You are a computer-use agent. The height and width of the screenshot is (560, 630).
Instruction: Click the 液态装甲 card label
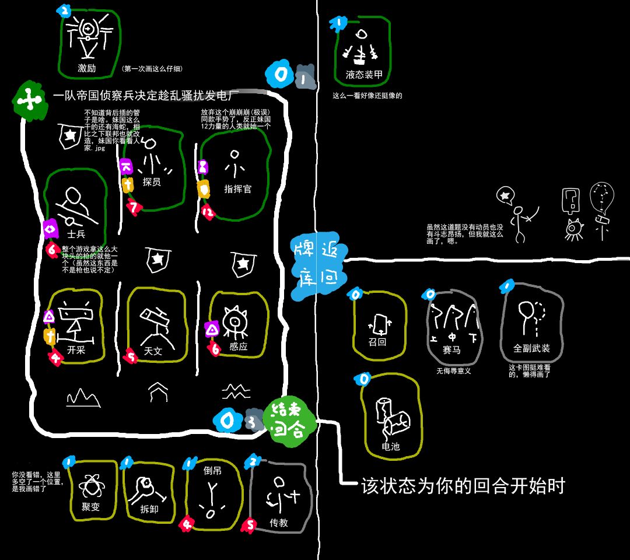pos(364,75)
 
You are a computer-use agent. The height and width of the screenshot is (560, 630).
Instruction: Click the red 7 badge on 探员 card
pos(135,207)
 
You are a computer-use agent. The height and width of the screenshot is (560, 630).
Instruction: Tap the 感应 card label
pos(239,346)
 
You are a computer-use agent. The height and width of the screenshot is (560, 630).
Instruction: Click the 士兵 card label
pos(76,235)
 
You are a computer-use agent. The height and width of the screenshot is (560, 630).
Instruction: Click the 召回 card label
pos(377,342)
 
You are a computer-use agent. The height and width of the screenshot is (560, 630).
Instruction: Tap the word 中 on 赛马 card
pos(452,337)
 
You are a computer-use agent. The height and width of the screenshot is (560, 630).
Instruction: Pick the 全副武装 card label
pos(531,349)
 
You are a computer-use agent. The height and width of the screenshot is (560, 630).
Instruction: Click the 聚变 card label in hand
pos(91,507)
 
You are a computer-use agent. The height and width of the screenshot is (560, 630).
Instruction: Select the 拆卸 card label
pos(149,508)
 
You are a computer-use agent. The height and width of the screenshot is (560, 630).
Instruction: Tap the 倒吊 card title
pos(212,471)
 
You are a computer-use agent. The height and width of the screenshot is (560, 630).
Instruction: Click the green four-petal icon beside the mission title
pos(28,102)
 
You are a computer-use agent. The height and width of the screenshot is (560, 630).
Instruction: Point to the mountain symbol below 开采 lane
pos(83,398)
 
